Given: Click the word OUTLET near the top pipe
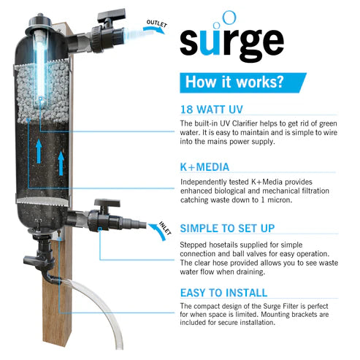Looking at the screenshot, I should [x=157, y=26].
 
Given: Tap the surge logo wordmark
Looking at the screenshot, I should [x=232, y=42].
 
